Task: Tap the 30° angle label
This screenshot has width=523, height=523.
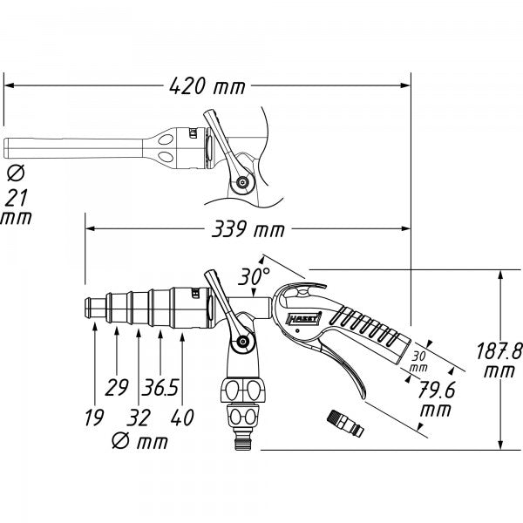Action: tap(255, 276)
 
